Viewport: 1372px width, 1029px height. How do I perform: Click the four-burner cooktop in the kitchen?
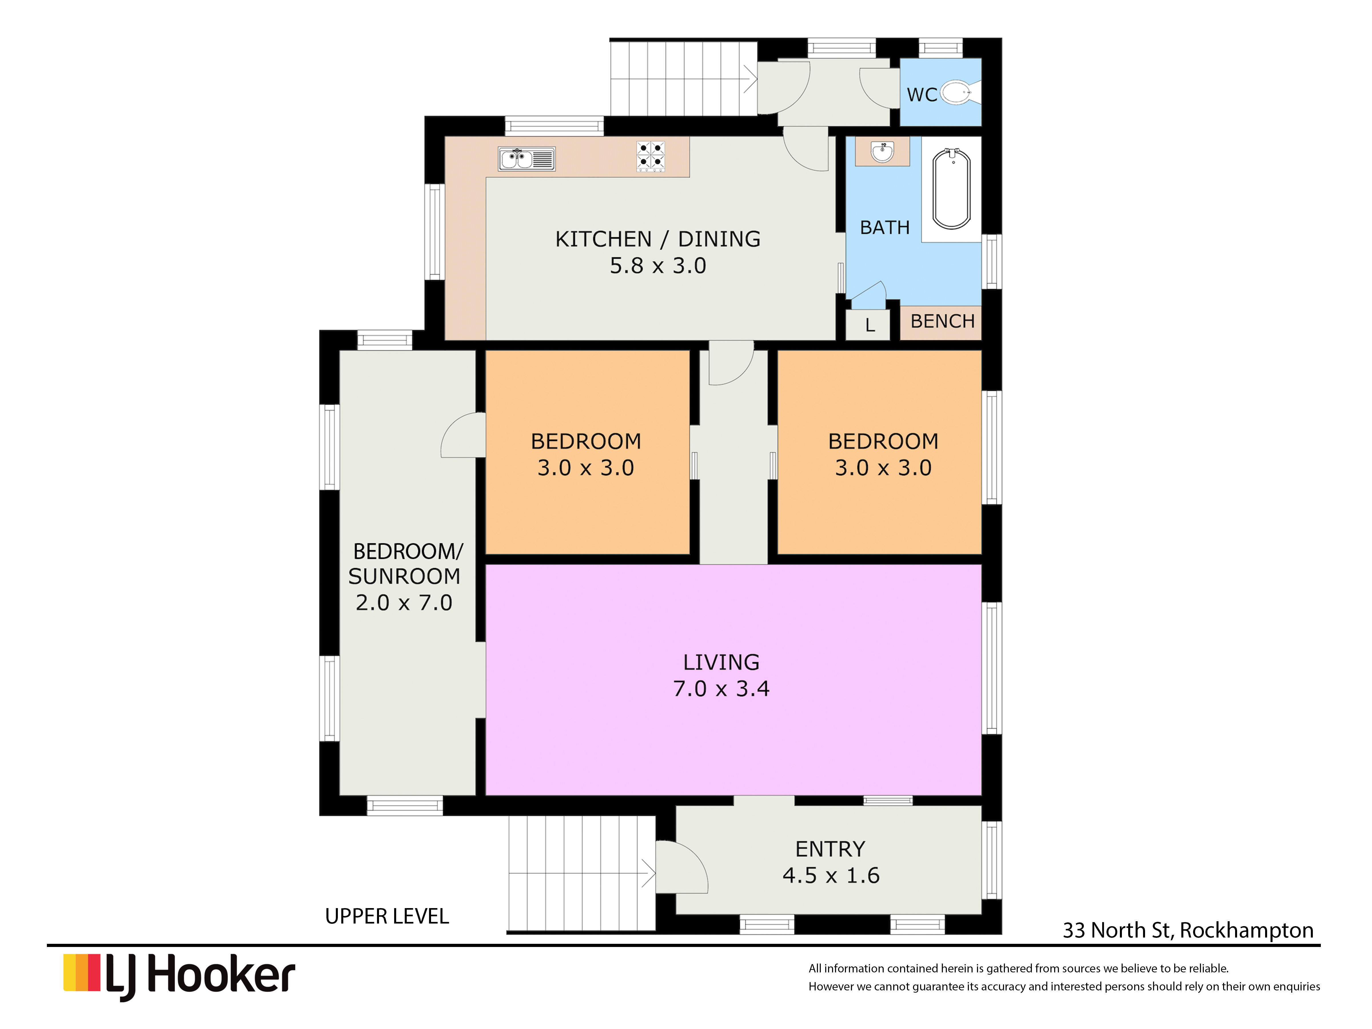click(x=651, y=156)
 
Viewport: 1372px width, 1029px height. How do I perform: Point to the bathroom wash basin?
click(x=882, y=151)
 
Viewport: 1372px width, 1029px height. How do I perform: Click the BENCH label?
click(x=942, y=321)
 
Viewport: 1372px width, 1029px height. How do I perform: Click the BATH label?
click(x=884, y=228)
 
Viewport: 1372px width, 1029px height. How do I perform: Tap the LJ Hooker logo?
click(x=179, y=977)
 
